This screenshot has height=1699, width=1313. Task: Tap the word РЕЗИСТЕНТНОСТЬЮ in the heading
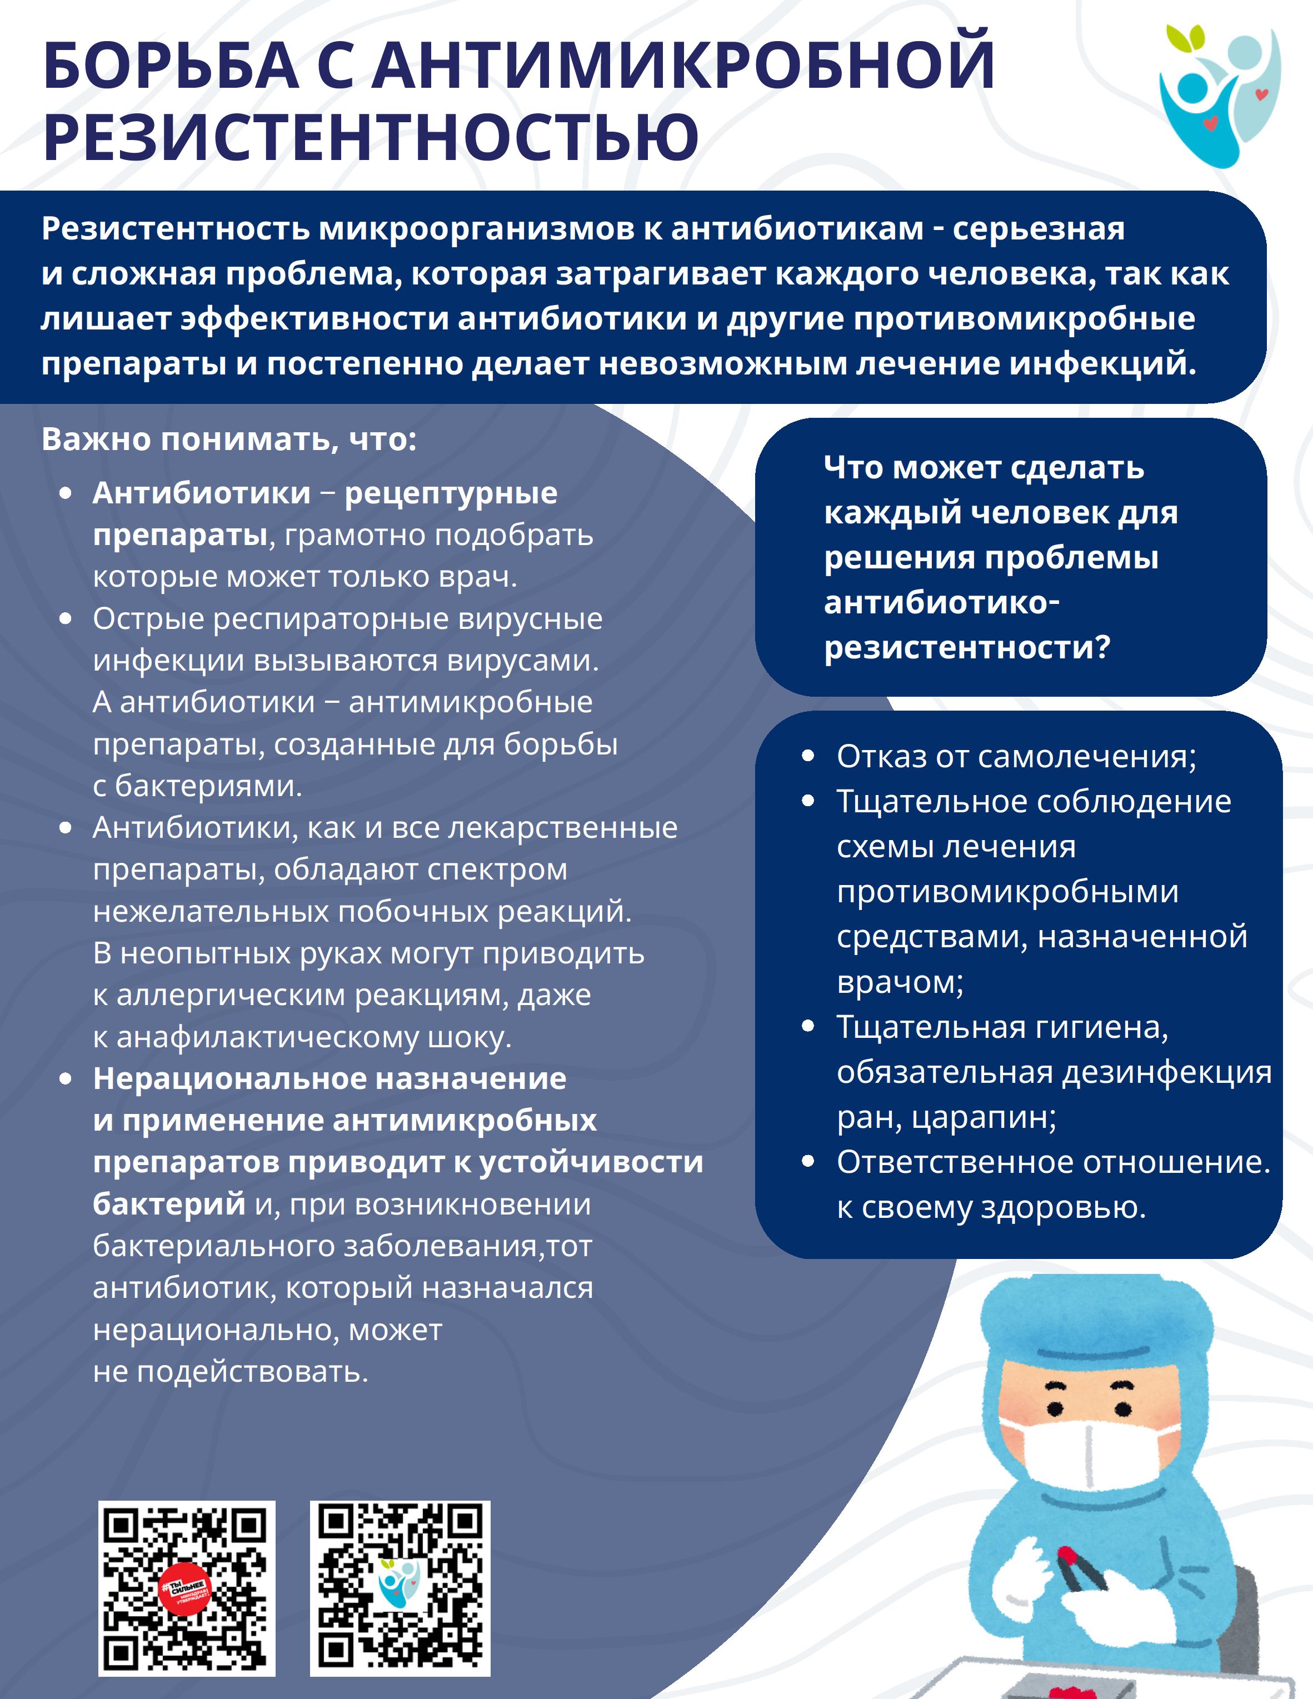point(371,137)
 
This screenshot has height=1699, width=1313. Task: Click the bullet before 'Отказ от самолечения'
point(808,756)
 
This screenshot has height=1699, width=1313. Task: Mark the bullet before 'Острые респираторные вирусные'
point(66,619)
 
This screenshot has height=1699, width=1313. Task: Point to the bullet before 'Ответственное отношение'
point(808,1161)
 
